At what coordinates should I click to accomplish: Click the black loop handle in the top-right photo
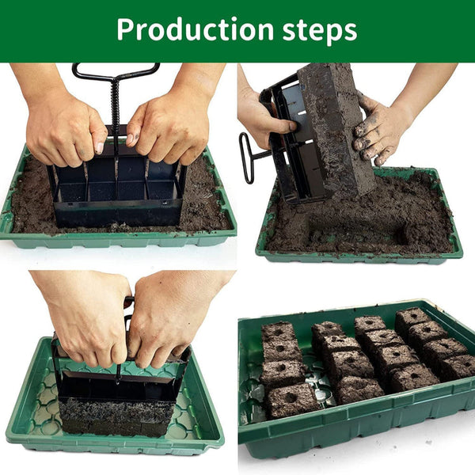coord(246,158)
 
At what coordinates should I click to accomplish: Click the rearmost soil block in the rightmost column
coord(412,318)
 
